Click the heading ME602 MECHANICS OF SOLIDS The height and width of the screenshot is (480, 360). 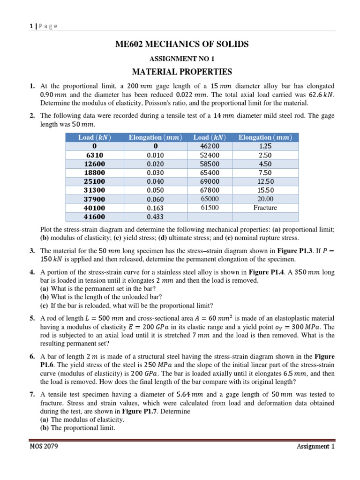182,45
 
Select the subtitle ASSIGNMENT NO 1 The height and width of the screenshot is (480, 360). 182,59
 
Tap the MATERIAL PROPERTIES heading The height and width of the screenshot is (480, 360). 182,72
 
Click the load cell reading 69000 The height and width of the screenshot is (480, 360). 210,181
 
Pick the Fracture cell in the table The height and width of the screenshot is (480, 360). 265,208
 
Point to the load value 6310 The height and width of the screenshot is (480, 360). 95,155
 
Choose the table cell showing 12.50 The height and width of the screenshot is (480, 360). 265,181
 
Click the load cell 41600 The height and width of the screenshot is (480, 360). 95,217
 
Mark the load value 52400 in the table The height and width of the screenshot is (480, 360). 210,155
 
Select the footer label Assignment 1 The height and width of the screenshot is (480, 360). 315,446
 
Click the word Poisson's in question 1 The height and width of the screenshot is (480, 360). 172,103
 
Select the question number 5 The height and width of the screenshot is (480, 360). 32,318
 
